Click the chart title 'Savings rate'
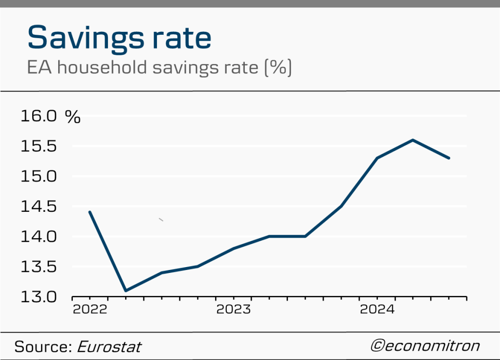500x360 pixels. (x=119, y=38)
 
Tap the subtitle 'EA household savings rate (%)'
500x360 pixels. (x=159, y=67)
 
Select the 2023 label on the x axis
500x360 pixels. (x=233, y=310)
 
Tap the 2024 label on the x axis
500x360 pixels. (x=377, y=310)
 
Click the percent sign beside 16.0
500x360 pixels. (x=73, y=117)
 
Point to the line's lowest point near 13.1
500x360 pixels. (x=126, y=291)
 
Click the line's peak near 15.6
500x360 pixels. (x=413, y=140)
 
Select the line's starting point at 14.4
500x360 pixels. (x=89, y=212)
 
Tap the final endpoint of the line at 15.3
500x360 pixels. (x=449, y=158)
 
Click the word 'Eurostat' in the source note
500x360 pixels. (x=109, y=347)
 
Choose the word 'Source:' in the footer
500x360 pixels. (x=43, y=347)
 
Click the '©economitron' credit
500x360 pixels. (x=425, y=346)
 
